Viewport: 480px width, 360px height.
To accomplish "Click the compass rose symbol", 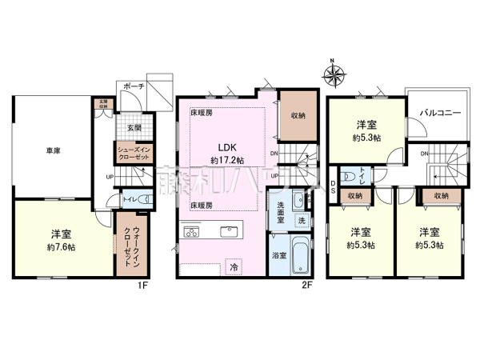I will (335, 75).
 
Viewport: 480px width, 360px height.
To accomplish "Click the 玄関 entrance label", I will (132, 127).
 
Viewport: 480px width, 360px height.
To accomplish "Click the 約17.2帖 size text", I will (226, 161).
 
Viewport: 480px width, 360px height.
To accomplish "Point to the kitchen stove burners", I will (193, 233).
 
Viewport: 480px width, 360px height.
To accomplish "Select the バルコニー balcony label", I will (439, 114).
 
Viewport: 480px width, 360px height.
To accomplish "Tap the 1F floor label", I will (141, 283).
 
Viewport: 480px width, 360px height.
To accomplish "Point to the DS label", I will (333, 187).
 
